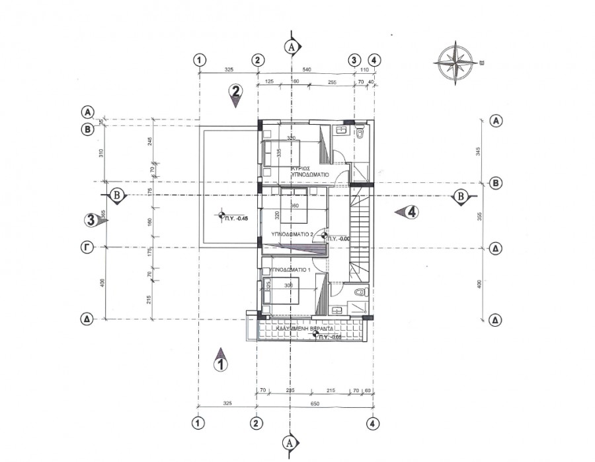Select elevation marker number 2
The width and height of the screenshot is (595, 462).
pyautogui.click(x=236, y=94)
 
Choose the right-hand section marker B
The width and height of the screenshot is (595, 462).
pyautogui.click(x=460, y=196)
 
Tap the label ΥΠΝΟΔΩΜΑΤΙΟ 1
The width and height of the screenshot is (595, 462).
pyautogui.click(x=289, y=270)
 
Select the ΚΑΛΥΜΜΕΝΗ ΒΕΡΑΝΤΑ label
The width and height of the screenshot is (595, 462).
pyautogui.click(x=303, y=328)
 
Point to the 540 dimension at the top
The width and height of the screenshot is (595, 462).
pyautogui.click(x=306, y=69)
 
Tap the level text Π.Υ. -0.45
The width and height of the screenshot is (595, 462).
pyautogui.click(x=235, y=218)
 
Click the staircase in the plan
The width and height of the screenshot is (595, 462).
pyautogui.click(x=361, y=228)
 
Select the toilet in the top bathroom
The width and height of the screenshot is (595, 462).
pyautogui.click(x=360, y=133)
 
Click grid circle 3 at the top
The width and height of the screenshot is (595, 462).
pyautogui.click(x=354, y=59)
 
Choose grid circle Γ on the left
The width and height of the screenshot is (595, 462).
pyautogui.click(x=87, y=247)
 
